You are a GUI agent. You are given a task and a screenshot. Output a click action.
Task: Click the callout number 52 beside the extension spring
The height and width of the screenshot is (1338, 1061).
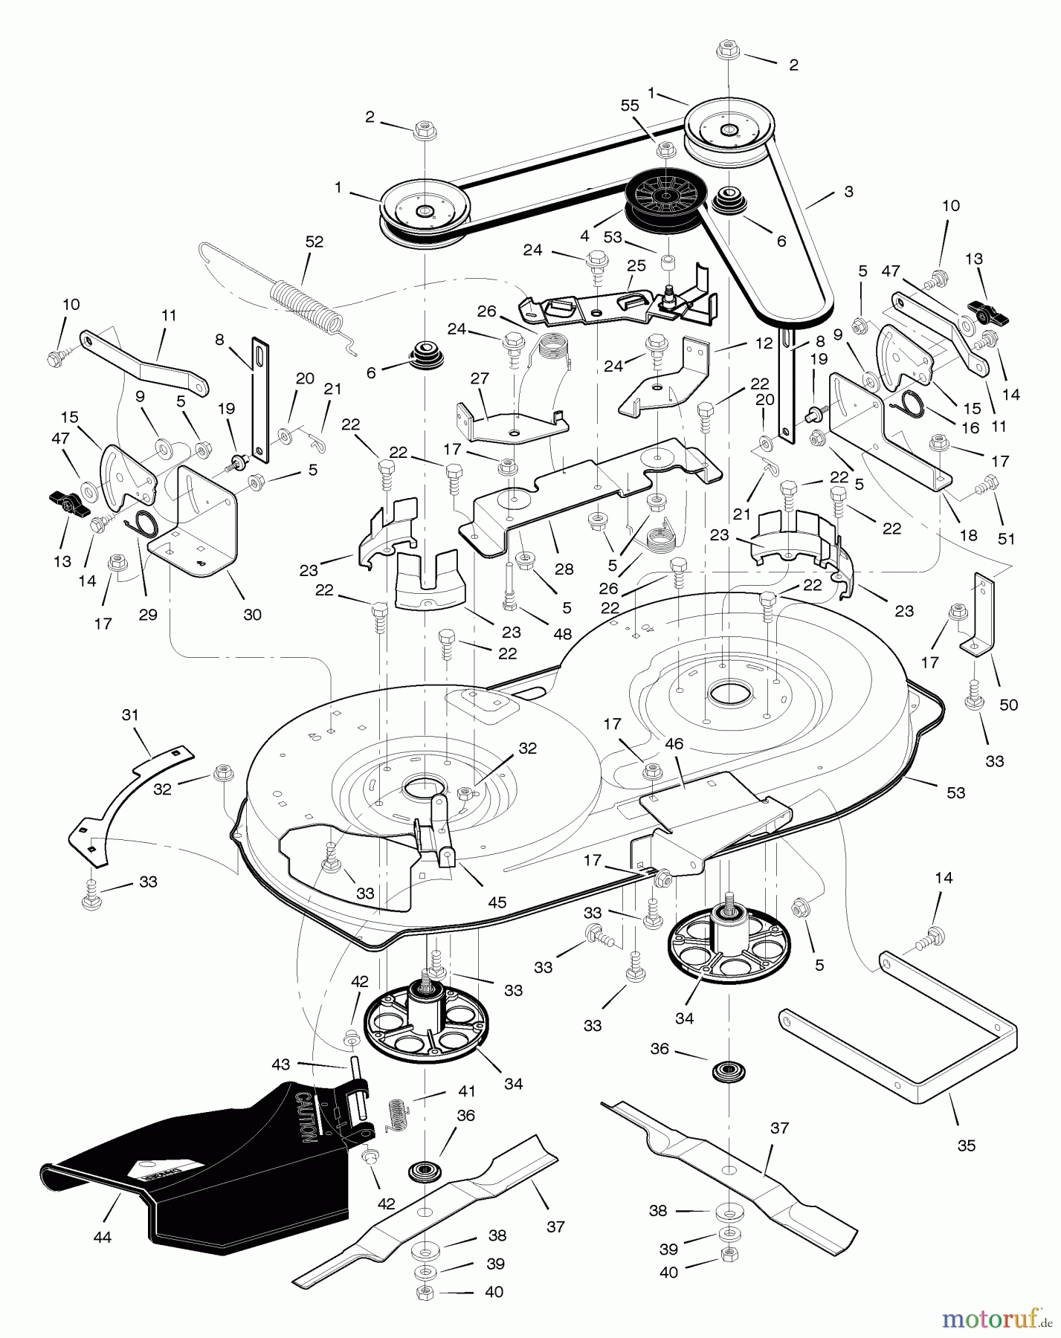pyautogui.click(x=315, y=242)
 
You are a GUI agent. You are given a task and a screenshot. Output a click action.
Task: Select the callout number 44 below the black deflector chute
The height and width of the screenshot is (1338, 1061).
pyautogui.click(x=102, y=1238)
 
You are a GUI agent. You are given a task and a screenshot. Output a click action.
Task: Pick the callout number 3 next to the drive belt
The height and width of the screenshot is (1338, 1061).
pyautogui.click(x=848, y=191)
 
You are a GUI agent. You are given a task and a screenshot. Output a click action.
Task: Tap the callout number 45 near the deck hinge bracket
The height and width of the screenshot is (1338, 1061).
pyautogui.click(x=497, y=902)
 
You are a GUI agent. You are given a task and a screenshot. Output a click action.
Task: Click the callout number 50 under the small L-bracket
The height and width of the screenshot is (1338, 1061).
pyautogui.click(x=1008, y=705)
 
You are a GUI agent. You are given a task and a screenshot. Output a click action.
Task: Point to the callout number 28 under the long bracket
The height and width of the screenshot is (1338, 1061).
pyautogui.click(x=564, y=569)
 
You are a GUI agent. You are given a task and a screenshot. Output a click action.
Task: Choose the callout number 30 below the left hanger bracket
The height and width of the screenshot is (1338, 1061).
pyautogui.click(x=253, y=615)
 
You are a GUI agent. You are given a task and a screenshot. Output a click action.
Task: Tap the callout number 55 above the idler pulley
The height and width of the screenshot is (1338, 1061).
pyautogui.click(x=630, y=106)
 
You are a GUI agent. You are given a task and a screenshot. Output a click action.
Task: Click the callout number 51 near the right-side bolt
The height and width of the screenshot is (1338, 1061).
pyautogui.click(x=1006, y=540)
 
